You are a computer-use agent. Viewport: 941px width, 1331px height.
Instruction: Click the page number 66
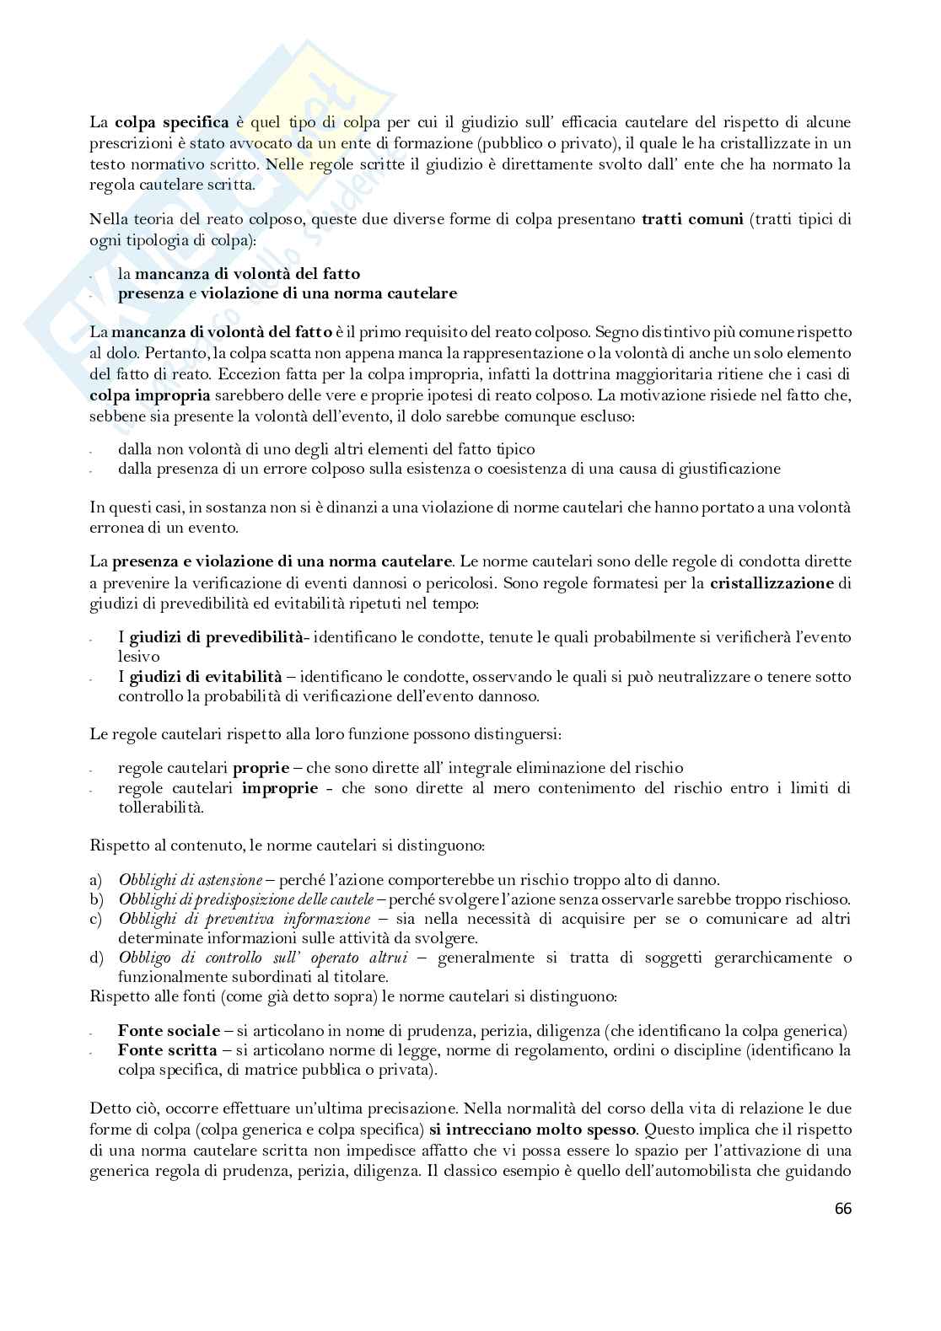coord(843,1209)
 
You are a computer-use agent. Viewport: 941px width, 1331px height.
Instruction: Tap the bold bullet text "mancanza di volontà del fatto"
coord(247,274)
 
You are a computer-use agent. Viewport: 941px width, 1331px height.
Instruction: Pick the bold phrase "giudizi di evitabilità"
coord(205,676)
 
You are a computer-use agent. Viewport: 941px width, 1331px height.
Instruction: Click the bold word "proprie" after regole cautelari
coord(261,768)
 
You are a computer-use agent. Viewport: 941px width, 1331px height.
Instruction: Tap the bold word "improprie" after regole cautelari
coord(280,788)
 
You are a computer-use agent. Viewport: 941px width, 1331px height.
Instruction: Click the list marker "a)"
coord(97,879)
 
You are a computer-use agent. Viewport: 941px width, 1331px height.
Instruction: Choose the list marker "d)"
coord(97,958)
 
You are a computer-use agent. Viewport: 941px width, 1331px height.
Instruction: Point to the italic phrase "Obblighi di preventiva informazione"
coord(245,919)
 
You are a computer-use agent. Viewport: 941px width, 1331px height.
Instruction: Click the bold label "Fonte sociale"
coord(169,1031)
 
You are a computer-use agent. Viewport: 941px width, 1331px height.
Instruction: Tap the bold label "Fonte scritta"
coord(167,1050)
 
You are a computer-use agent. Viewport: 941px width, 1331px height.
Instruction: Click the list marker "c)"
coord(97,919)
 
